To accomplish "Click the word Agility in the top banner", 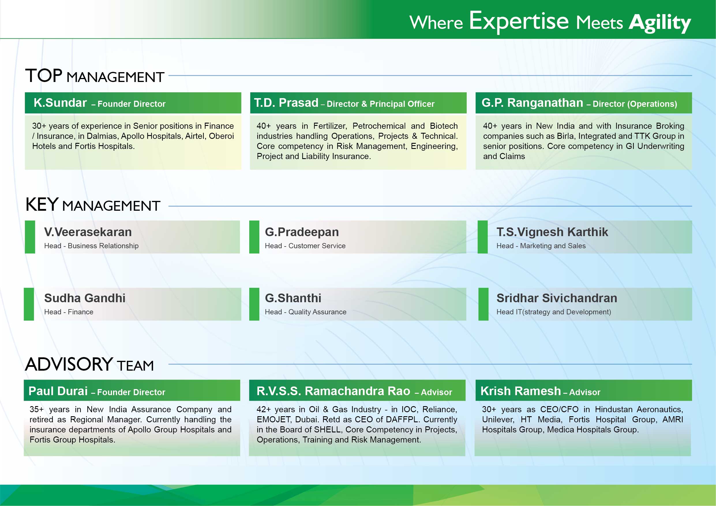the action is pyautogui.click(x=660, y=23).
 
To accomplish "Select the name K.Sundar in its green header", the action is pyautogui.click(x=60, y=103).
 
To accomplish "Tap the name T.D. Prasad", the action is pyautogui.click(x=286, y=103).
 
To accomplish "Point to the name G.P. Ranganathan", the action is pyautogui.click(x=532, y=103).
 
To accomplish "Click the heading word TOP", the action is pyautogui.click(x=44, y=76).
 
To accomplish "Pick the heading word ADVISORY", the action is pyautogui.click(x=69, y=364).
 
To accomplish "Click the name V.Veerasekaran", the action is pyautogui.click(x=88, y=232).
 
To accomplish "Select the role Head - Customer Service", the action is pyautogui.click(x=305, y=246).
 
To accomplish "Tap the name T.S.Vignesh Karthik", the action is pyautogui.click(x=552, y=232).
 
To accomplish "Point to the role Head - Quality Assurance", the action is pyautogui.click(x=305, y=312).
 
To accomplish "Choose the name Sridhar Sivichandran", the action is pyautogui.click(x=557, y=298).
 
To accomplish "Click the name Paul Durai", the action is pyautogui.click(x=58, y=391).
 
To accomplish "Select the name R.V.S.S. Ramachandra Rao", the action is pyautogui.click(x=333, y=391).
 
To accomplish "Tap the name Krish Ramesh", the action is pyautogui.click(x=520, y=391).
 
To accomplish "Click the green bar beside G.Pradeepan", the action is pyautogui.click(x=254, y=237).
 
